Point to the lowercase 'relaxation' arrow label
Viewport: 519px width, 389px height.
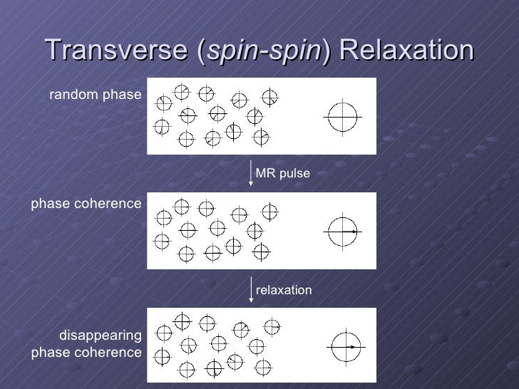point(284,290)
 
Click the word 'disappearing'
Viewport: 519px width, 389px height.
point(100,335)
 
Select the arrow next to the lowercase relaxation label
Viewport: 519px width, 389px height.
point(251,290)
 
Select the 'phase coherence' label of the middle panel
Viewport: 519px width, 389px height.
point(86,204)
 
